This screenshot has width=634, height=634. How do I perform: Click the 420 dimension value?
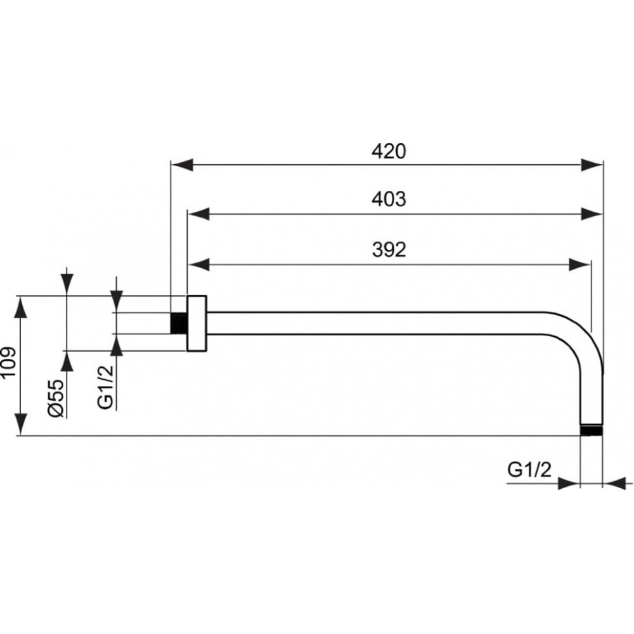point(389,152)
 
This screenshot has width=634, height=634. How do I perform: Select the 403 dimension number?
point(389,199)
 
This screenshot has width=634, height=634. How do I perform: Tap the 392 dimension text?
point(389,249)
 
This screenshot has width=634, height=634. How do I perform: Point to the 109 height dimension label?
point(8,361)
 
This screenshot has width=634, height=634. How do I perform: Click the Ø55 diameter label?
point(56,398)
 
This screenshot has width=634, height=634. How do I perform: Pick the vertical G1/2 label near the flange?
point(105,387)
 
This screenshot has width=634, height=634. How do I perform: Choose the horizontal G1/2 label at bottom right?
point(529,470)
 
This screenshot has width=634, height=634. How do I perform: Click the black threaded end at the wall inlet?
point(179,323)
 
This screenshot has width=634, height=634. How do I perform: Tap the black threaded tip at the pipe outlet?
point(592,430)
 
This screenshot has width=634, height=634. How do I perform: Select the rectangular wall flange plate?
point(197,323)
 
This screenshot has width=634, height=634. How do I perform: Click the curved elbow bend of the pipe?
point(582,335)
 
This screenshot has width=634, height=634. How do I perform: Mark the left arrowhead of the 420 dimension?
point(182,165)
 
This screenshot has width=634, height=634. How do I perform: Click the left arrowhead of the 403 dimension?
point(198,214)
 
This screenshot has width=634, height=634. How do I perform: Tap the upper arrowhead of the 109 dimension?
point(21,307)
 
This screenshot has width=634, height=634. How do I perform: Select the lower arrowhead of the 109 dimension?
point(21,425)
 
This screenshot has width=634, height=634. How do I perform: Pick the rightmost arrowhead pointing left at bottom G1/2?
point(614,483)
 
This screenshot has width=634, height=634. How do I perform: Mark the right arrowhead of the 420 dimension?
point(592,165)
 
